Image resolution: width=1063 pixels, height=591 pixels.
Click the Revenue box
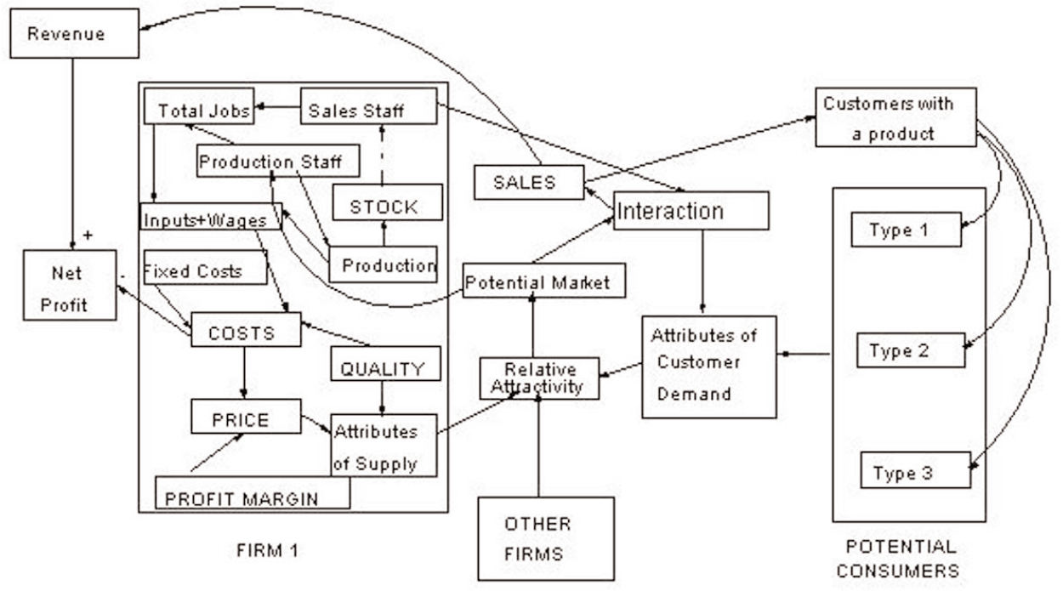pos(74,35)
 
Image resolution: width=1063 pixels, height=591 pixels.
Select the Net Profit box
pos(70,285)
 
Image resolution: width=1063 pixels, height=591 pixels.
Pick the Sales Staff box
pos(368,111)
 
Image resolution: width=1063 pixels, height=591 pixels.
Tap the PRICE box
pos(245,418)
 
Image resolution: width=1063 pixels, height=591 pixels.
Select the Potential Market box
pos(544,281)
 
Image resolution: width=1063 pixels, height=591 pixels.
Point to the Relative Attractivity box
pos(539,378)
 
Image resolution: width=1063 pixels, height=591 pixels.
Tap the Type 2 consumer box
pos(910,349)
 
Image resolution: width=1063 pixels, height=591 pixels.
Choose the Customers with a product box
pos(895,117)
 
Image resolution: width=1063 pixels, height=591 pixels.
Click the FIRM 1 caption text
pos(267,550)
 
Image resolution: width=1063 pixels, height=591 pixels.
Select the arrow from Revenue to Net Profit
pos(73,153)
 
